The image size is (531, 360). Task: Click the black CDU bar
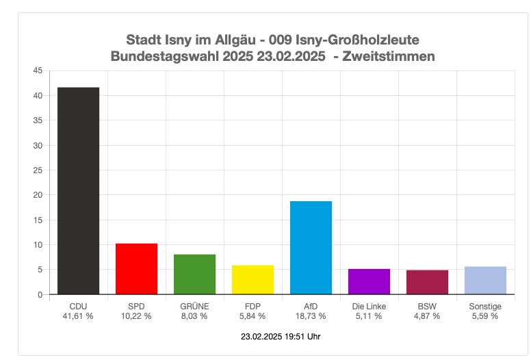[x=78, y=191]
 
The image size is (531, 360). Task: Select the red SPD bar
[x=136, y=269]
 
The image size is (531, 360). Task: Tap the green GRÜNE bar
[x=194, y=274]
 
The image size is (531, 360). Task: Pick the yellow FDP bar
[x=252, y=280]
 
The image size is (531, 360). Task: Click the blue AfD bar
[x=311, y=248]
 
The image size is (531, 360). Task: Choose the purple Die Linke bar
[x=369, y=281]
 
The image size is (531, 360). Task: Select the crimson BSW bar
[x=427, y=282]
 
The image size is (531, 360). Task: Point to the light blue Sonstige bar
[x=485, y=281]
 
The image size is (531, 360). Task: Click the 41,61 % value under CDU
[x=78, y=316]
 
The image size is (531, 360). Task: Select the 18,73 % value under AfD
[x=311, y=316]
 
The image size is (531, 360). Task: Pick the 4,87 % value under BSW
[x=427, y=316]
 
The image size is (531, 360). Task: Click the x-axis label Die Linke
[x=369, y=306]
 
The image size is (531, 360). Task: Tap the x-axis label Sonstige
[x=485, y=306]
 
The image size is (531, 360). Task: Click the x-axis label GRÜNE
[x=194, y=306]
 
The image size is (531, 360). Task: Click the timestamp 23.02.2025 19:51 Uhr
[x=281, y=337]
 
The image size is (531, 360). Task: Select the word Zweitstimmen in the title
[x=388, y=56]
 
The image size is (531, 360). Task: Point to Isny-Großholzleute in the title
[x=360, y=40]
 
